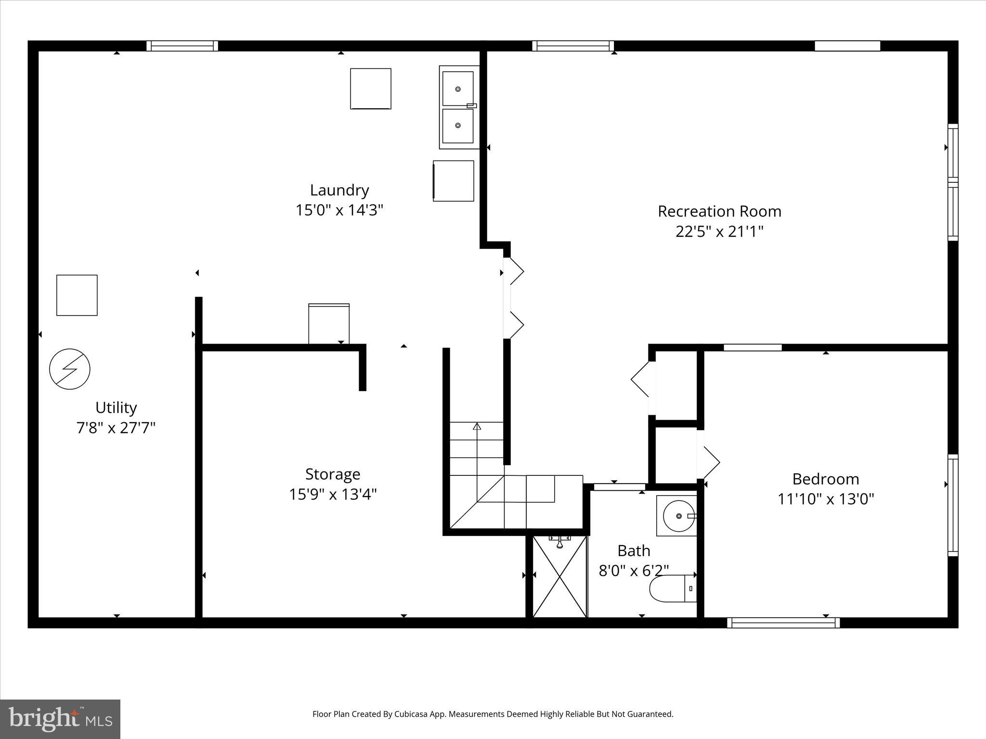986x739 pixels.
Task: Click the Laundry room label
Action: pos(339,190)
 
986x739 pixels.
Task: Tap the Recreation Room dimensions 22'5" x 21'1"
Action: pos(719,232)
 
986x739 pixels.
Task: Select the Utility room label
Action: pos(116,408)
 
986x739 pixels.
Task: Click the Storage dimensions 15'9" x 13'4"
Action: pos(333,494)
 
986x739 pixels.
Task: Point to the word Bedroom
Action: pos(825,479)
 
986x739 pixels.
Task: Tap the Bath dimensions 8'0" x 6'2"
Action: pos(634,571)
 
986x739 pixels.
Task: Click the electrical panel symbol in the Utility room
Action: pos(70,369)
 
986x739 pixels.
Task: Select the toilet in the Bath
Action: pos(673,588)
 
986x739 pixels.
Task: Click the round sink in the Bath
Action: pos(678,516)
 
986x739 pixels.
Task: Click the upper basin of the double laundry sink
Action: pos(458,89)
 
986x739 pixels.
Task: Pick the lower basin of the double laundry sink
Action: pos(458,126)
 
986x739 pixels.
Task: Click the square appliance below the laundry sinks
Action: pos(454,181)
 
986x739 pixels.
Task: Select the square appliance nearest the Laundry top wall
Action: pos(370,89)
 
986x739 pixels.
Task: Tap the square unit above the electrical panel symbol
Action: pos(77,295)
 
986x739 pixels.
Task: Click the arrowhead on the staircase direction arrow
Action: pos(477,426)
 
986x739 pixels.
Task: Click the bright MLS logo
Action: pos(60,719)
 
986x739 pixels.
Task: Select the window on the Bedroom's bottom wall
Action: pos(783,623)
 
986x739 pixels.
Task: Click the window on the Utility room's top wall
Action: pos(182,46)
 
